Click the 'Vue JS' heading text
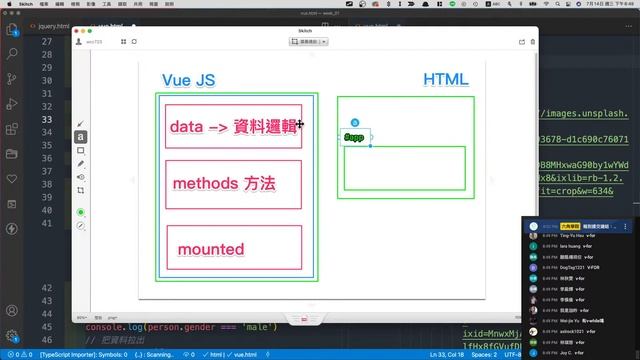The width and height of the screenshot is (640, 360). coord(188,80)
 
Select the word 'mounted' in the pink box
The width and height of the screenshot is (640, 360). coord(211,248)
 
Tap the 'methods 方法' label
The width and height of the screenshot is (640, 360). coord(223,184)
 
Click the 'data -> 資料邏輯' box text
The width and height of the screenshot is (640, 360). coord(232,127)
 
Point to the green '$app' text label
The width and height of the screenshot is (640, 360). coord(354,137)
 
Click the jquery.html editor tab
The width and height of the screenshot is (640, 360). coord(49,26)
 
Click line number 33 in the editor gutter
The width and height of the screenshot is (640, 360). coord(47,119)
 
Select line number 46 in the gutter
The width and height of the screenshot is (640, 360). coord(47,327)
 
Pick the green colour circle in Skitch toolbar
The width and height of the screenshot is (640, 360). coord(81,212)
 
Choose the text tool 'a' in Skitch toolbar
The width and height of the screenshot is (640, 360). coord(81,137)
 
